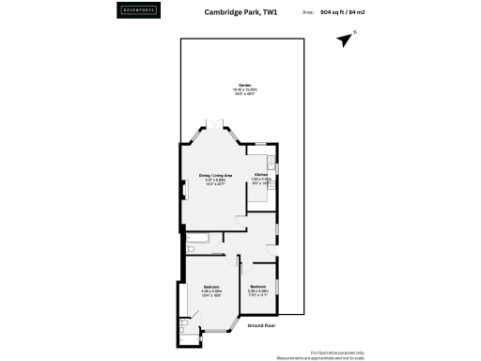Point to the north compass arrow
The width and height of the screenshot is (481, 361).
[x=346, y=39]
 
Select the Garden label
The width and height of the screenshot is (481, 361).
[x=244, y=84]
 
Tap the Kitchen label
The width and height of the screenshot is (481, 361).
[x=261, y=175]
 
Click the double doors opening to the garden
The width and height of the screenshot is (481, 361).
[x=214, y=124]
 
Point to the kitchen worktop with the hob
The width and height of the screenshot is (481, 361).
[x=272, y=169]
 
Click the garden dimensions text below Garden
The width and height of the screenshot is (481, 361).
[x=244, y=91]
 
